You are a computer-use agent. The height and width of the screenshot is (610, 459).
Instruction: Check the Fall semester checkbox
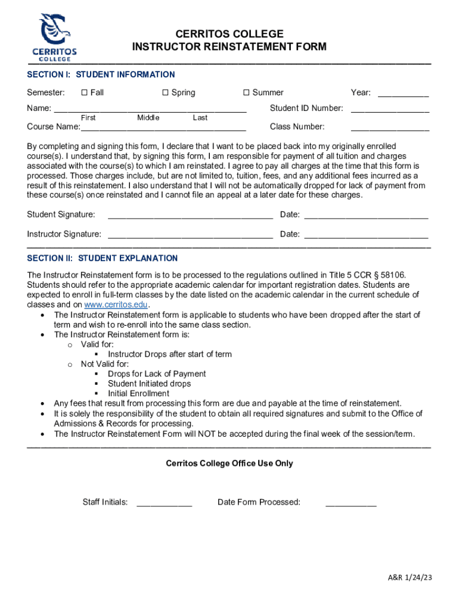coord(84,92)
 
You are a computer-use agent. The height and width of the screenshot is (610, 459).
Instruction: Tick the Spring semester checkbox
coord(166,92)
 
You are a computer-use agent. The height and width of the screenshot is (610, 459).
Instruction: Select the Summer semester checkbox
coord(246,92)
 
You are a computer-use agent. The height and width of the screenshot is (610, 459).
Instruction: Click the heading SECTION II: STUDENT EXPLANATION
coord(103,258)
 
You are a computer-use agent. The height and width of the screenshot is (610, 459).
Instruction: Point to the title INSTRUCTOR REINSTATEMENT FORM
coord(229,47)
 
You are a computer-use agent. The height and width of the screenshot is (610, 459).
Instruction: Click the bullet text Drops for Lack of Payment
coord(157,374)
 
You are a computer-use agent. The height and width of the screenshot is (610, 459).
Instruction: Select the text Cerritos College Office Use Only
coord(229,463)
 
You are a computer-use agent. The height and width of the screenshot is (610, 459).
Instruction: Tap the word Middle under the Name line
coord(148,118)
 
